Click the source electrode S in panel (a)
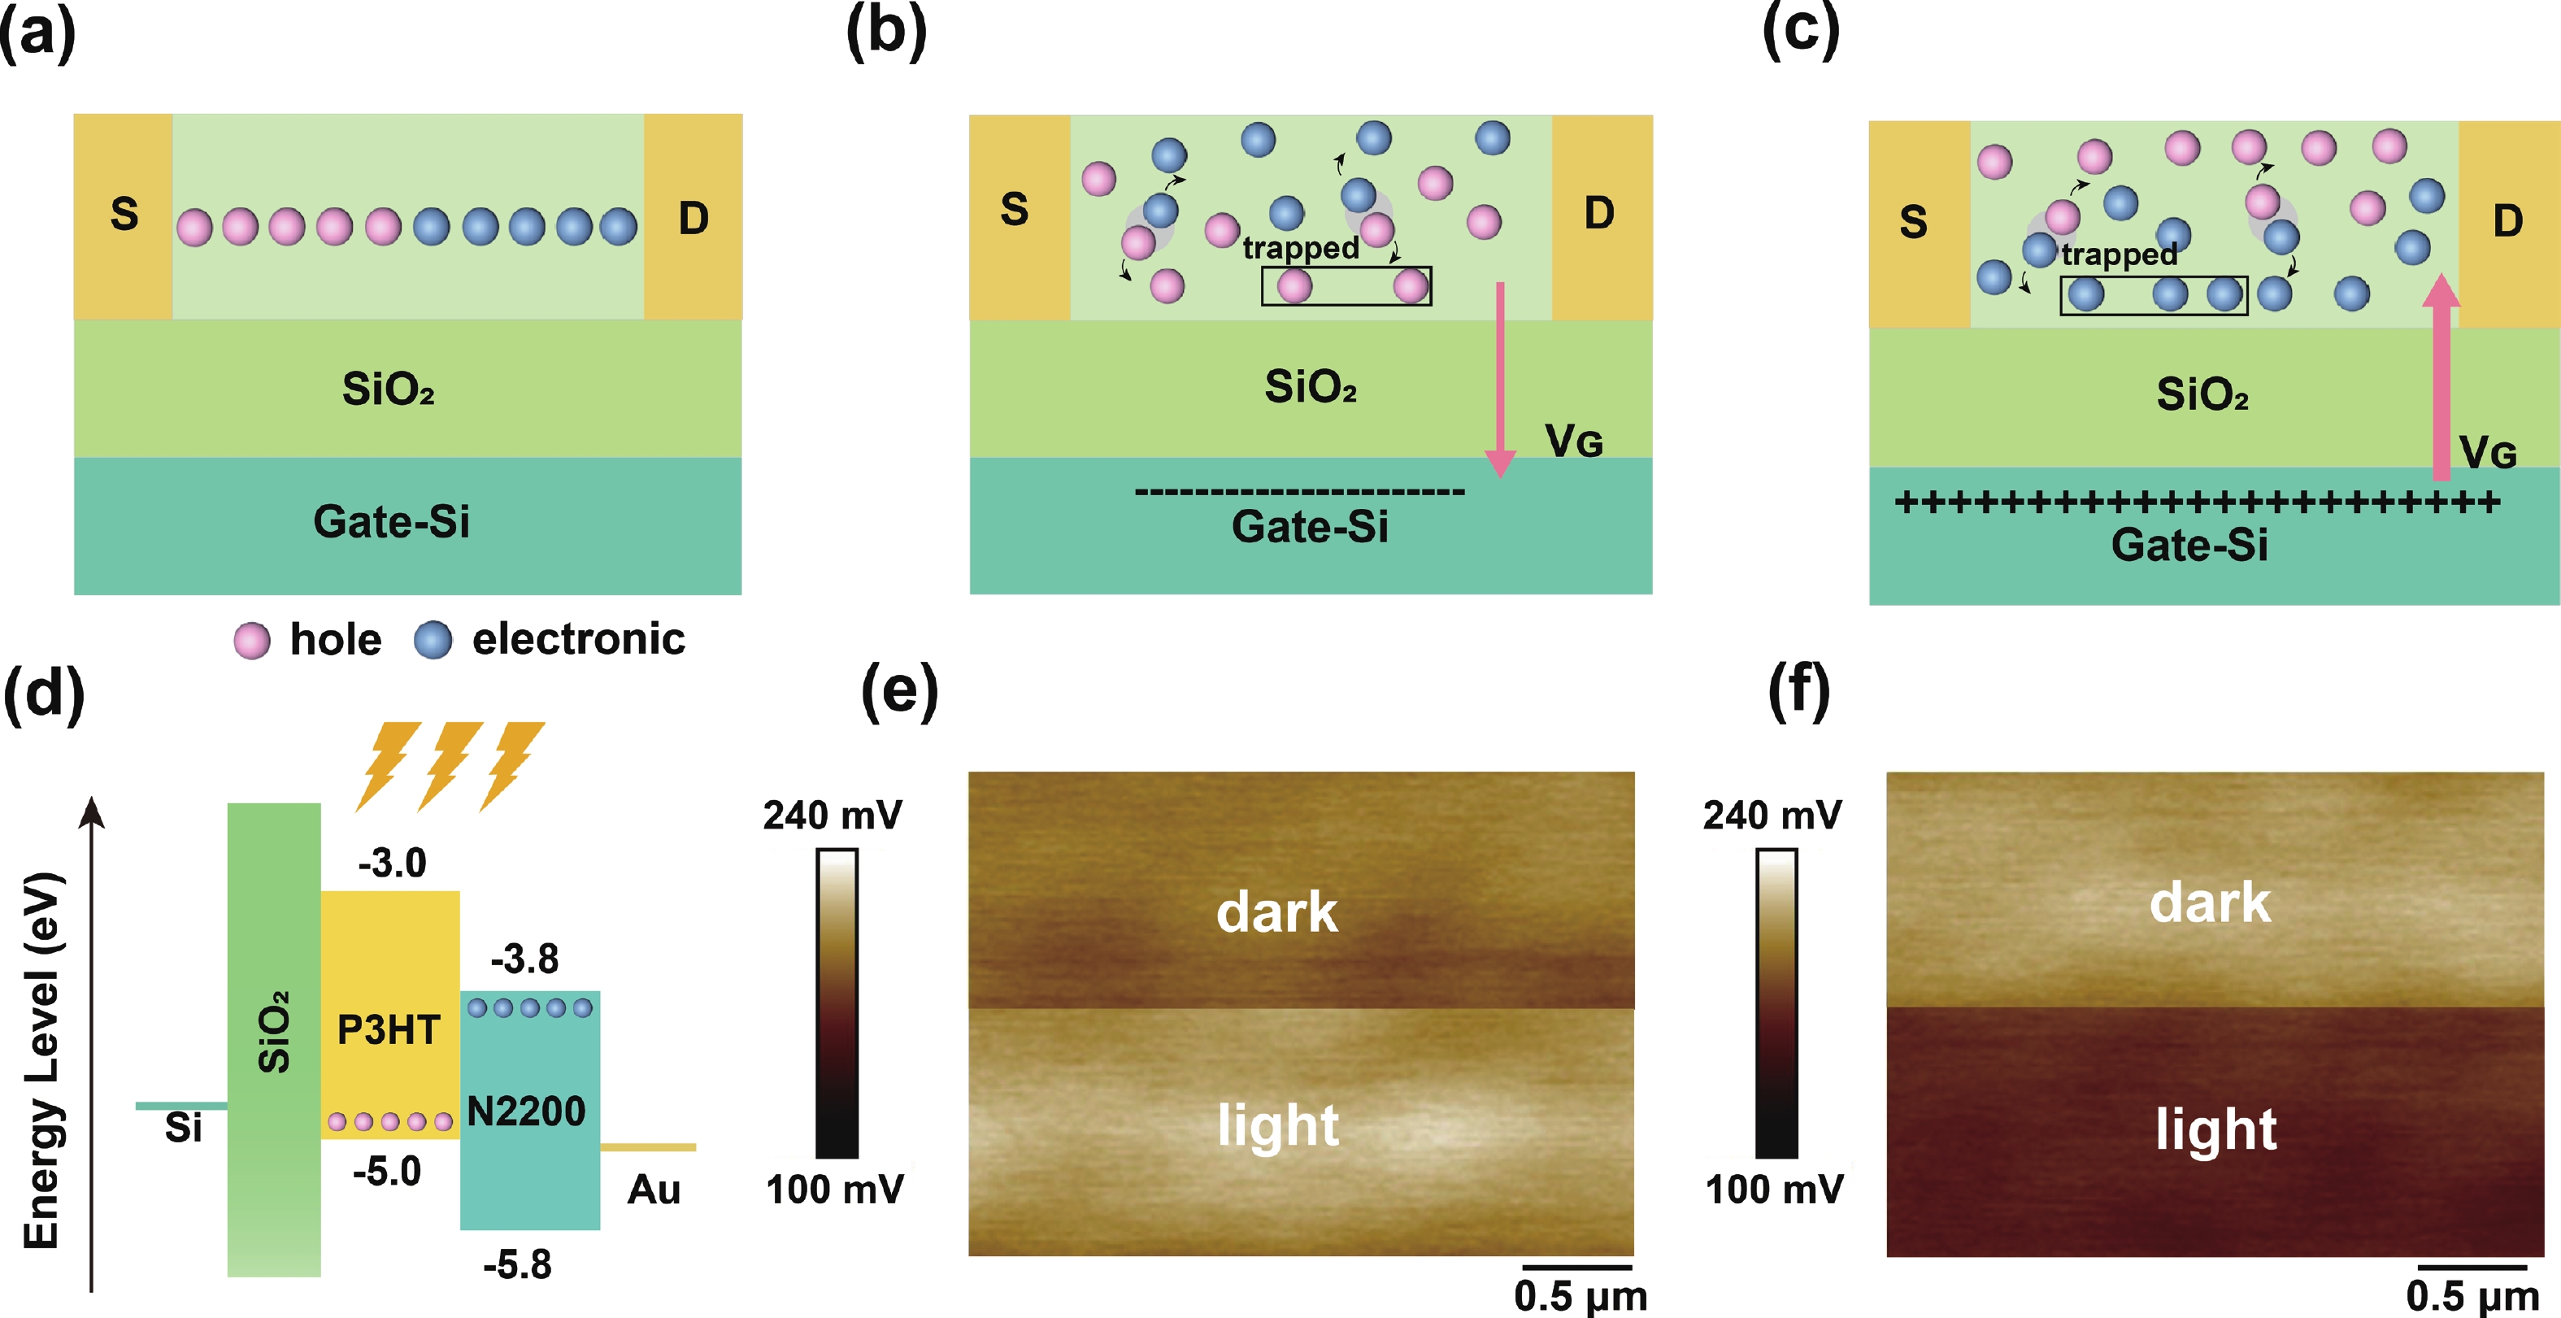point(124,215)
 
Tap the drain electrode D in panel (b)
point(1598,214)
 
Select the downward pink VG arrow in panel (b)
point(1500,378)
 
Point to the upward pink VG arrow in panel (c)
point(2441,378)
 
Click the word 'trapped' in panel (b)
point(1300,246)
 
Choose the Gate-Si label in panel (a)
point(391,522)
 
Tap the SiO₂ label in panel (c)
point(2202,394)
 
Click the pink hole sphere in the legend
point(251,641)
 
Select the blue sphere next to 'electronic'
point(433,640)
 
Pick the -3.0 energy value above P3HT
point(393,863)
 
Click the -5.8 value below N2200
point(517,1264)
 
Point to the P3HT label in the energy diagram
point(389,1029)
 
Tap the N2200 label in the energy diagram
point(527,1111)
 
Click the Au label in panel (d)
point(653,1189)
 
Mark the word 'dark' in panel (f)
point(2210,903)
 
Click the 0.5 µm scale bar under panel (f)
point(2472,1268)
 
